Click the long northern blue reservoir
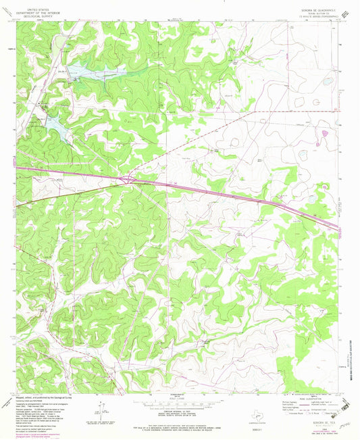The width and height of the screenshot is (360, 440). [x=101, y=70]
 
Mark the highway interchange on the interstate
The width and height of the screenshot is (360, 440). [x=127, y=179]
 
